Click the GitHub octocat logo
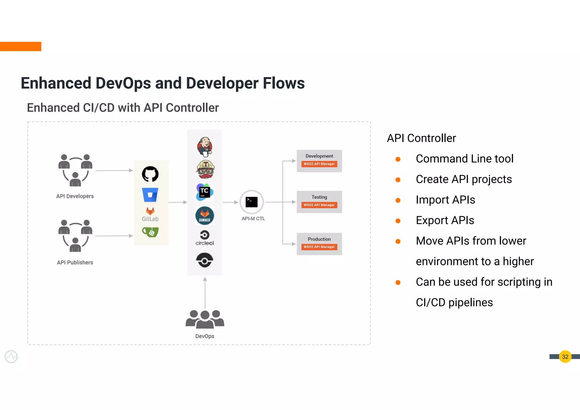point(150,174)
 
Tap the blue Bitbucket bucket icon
point(150,195)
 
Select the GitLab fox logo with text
point(150,215)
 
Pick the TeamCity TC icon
point(204,192)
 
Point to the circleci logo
point(204,238)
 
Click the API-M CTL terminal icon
point(251,202)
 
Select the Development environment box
point(319,161)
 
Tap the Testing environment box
point(319,202)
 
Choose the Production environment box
point(319,244)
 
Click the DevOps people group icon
point(205,319)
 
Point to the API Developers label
point(75,196)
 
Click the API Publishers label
point(75,262)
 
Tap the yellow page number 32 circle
point(565,357)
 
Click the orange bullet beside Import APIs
point(398,200)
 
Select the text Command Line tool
point(464,159)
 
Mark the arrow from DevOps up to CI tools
point(205,293)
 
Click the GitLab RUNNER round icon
point(204,216)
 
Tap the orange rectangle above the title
point(20,46)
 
